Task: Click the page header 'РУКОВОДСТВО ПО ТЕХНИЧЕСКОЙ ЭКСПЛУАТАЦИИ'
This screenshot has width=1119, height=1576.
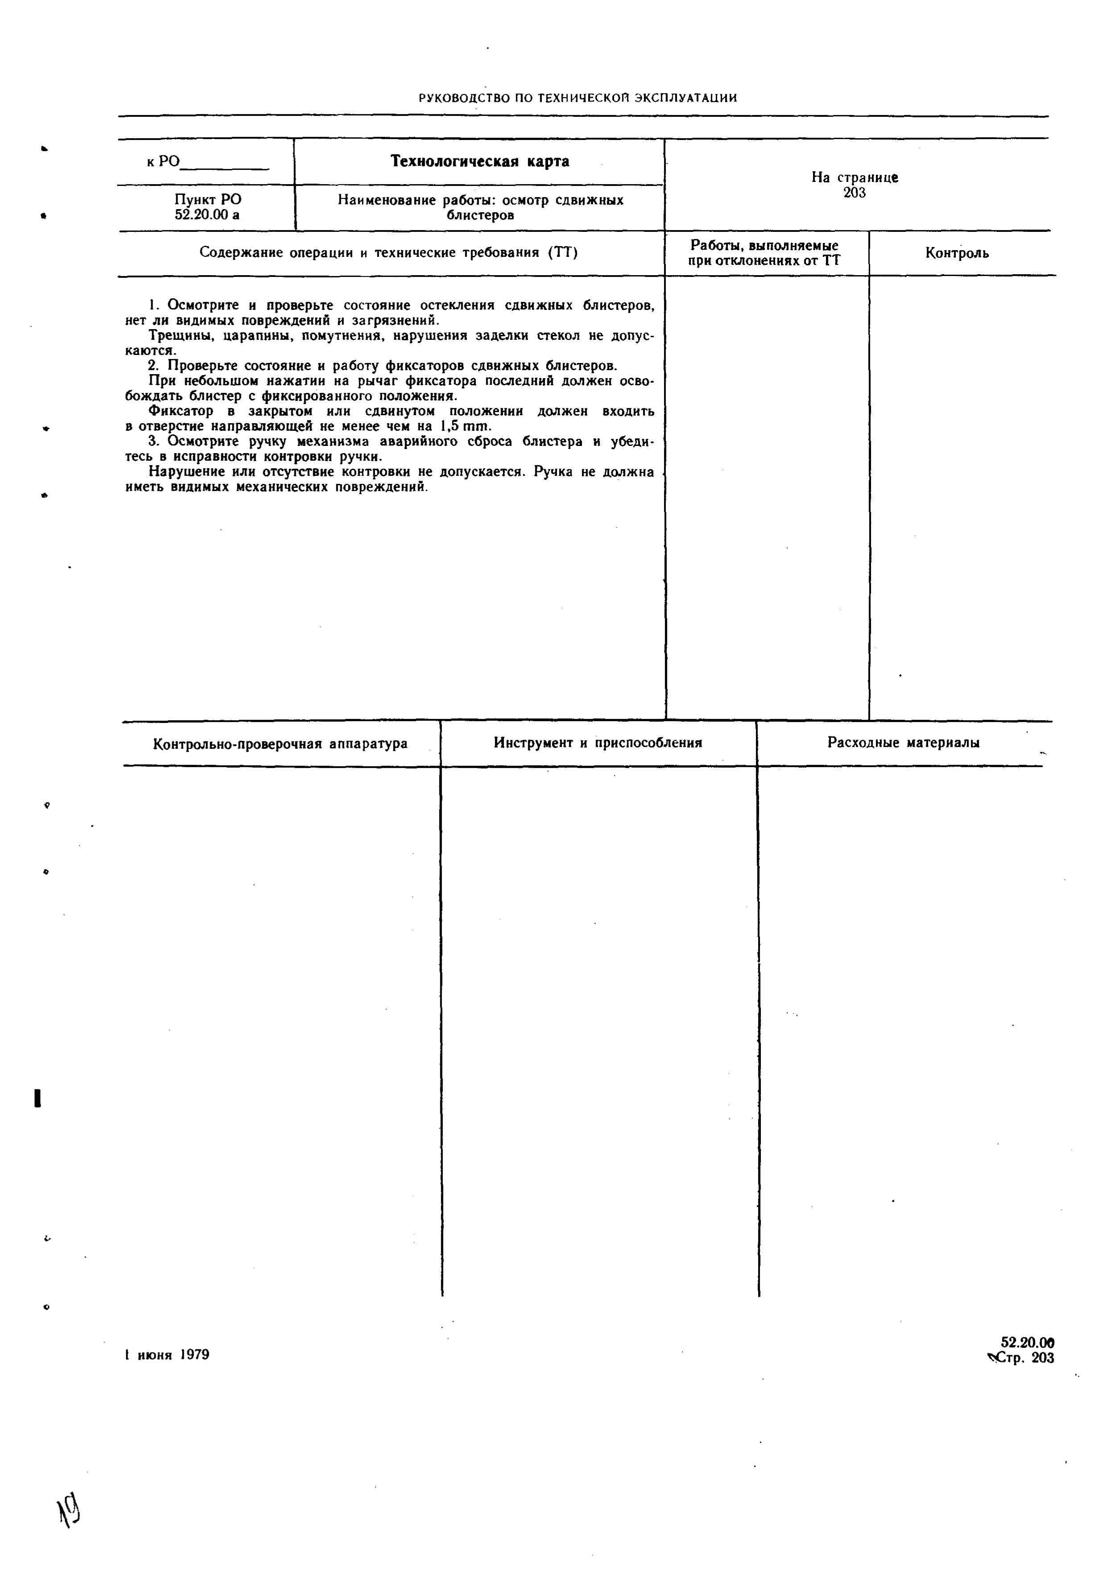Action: pos(578,98)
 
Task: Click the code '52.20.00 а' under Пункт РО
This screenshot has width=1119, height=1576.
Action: pos(207,215)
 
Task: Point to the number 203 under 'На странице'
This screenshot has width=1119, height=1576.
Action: pos(855,193)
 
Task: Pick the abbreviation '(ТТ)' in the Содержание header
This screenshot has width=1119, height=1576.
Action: pos(563,253)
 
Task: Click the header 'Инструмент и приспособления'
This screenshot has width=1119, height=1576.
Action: pos(597,743)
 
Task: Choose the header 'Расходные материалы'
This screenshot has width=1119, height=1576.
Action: pos(903,743)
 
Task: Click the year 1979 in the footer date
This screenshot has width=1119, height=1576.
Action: pos(194,1354)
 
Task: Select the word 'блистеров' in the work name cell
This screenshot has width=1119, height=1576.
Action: pos(480,215)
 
